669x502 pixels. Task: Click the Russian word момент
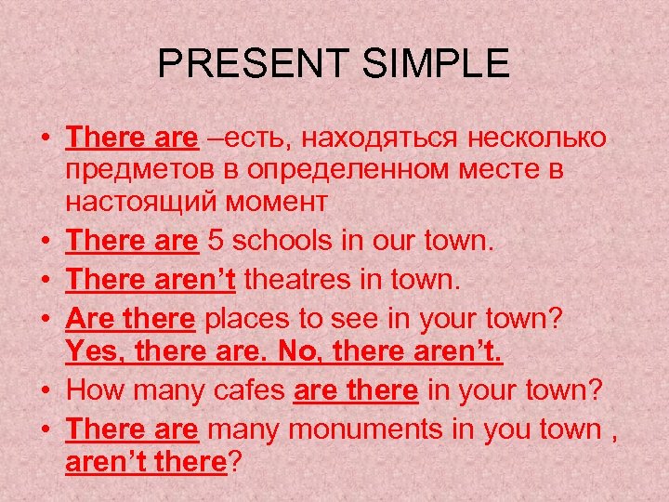click(x=280, y=200)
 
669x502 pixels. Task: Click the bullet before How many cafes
click(x=46, y=391)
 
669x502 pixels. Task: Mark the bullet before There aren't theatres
click(x=46, y=280)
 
